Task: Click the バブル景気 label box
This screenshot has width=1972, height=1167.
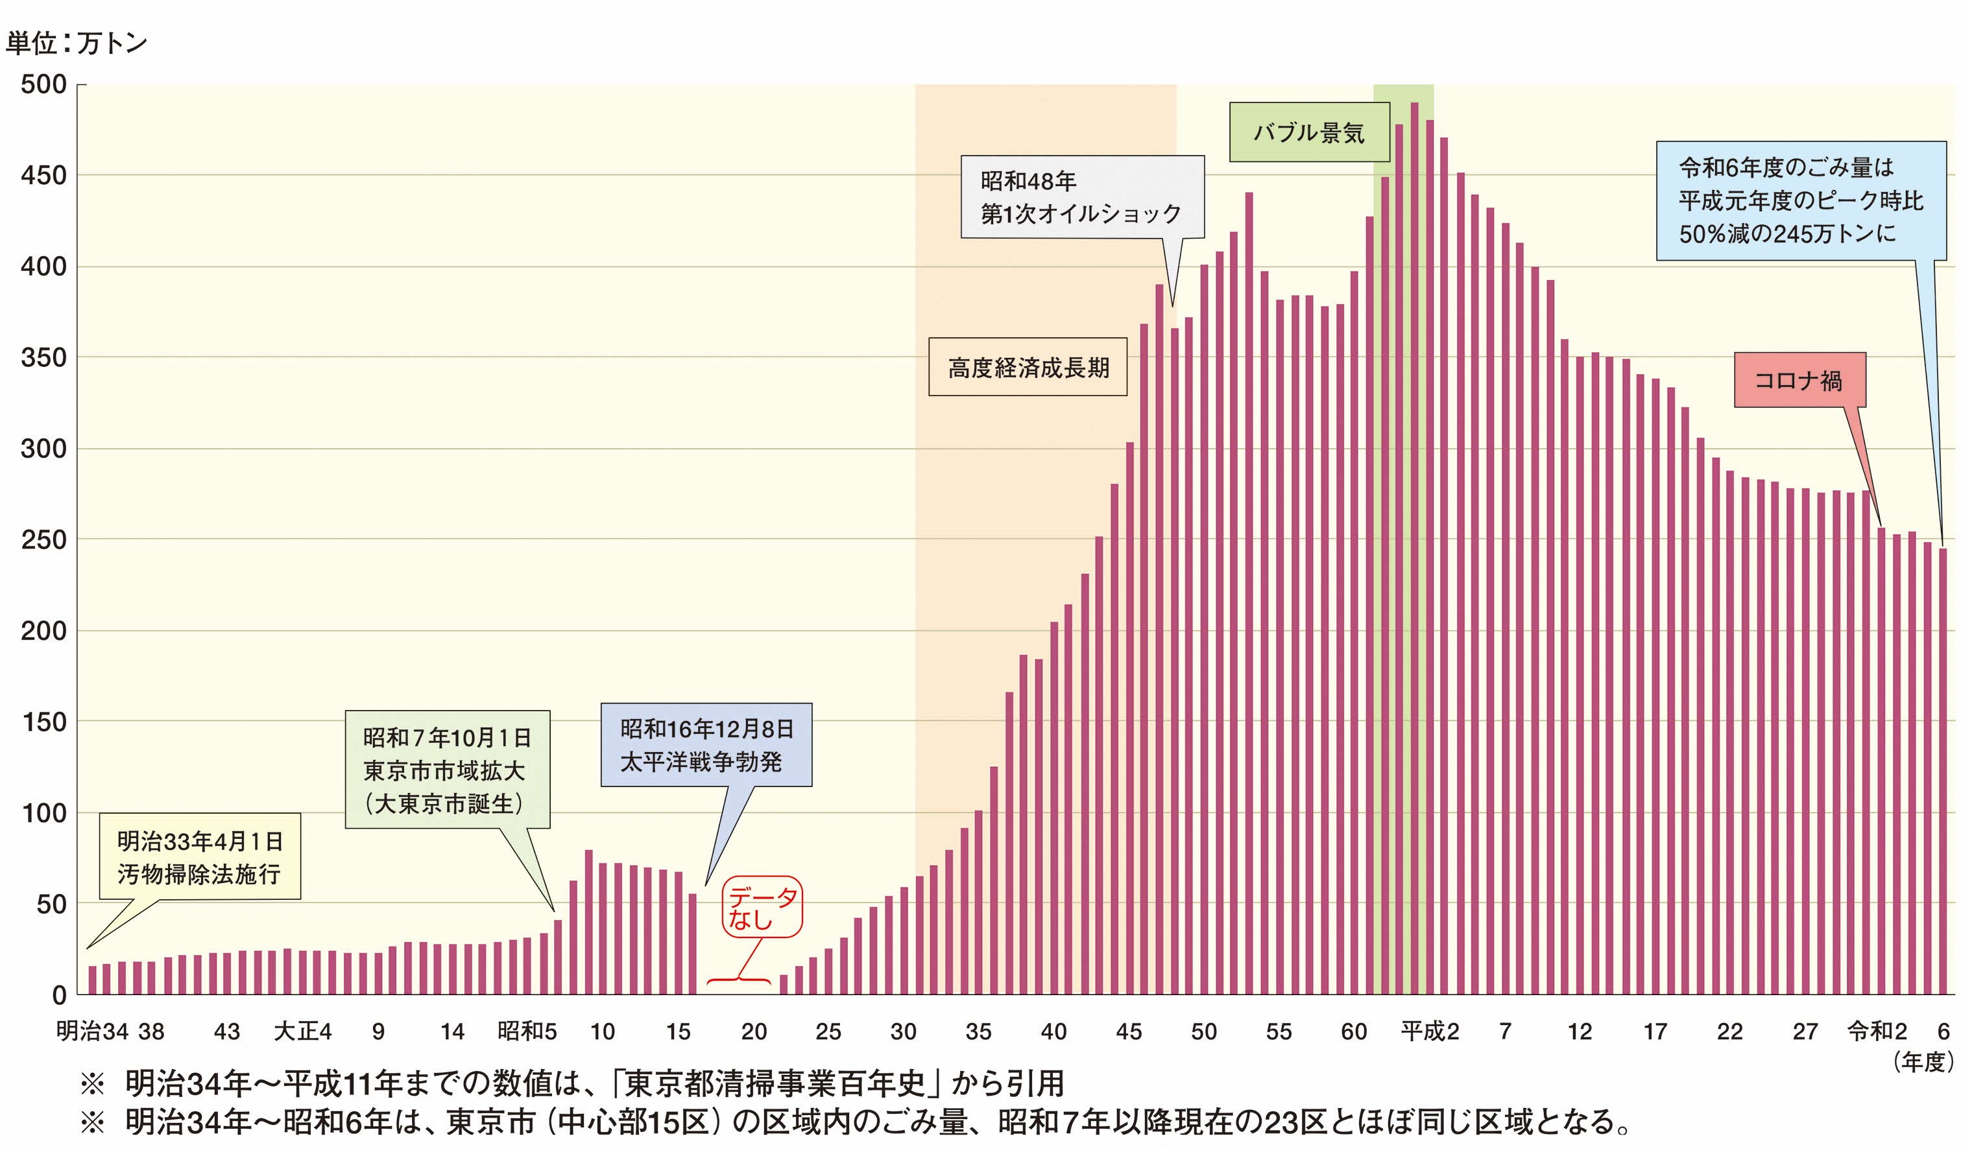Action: click(x=1308, y=132)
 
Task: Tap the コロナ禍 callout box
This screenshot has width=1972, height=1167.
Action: click(x=1798, y=380)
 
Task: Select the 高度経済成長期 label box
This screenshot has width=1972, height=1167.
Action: click(x=1028, y=367)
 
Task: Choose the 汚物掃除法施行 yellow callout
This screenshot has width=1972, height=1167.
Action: click(x=199, y=857)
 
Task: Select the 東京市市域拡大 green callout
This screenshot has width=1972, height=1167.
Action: click(x=447, y=770)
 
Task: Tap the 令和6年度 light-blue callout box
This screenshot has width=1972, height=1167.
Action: click(x=1801, y=200)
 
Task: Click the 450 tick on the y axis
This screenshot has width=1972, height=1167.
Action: click(x=43, y=175)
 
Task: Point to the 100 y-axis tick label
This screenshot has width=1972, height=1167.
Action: click(x=43, y=813)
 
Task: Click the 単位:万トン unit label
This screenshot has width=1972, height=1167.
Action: click(x=77, y=43)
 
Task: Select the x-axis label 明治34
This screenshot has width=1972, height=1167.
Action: click(x=91, y=1031)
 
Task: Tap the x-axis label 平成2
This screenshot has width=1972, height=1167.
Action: click(x=1429, y=1031)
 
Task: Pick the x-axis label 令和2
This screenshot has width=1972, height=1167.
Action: click(x=1877, y=1031)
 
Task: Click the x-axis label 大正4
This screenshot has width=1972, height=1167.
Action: click(x=303, y=1031)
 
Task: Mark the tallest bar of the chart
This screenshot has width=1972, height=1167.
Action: click(x=1414, y=550)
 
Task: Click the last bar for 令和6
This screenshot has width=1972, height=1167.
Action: click(x=1942, y=771)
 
